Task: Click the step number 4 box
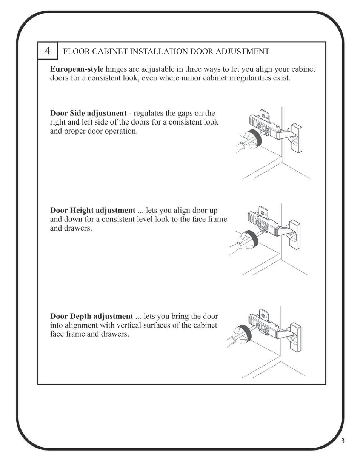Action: (48, 51)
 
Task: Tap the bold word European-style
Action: (77, 69)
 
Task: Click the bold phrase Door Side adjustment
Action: (88, 113)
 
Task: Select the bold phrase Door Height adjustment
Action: (92, 211)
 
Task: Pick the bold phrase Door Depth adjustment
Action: (91, 316)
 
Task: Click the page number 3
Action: (343, 441)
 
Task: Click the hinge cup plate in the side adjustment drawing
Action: (297, 138)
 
